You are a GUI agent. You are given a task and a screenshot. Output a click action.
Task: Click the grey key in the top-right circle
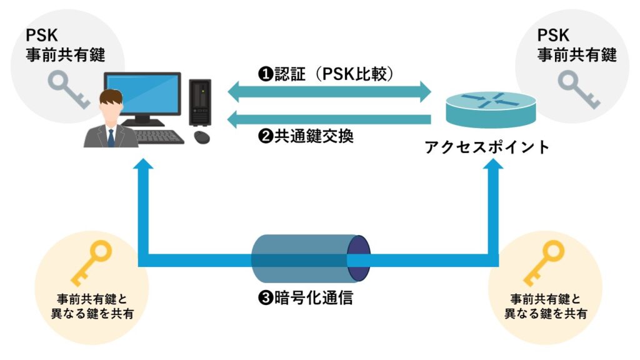click(575, 90)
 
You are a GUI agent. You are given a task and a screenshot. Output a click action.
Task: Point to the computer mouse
click(201, 136)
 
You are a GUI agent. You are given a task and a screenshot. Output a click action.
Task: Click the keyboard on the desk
click(161, 136)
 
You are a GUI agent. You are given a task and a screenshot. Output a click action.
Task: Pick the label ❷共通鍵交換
click(306, 136)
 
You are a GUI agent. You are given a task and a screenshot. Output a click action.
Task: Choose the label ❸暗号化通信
click(306, 297)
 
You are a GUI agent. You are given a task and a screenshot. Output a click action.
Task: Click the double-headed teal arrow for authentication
click(329, 92)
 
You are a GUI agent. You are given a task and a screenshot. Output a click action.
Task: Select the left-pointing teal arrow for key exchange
click(329, 118)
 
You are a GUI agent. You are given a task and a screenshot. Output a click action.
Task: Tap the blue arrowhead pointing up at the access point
click(494, 164)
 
